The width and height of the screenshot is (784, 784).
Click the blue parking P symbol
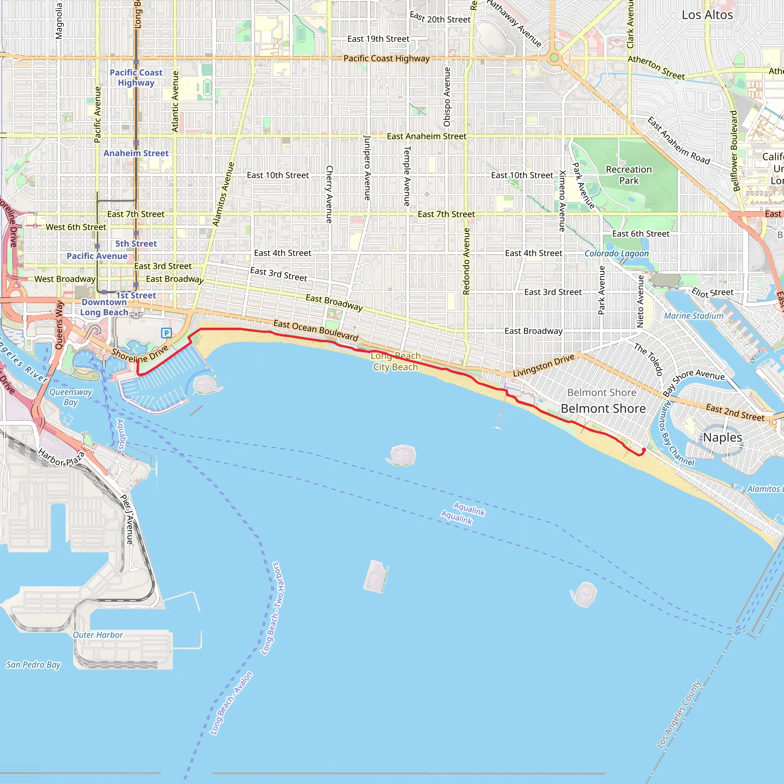(x=167, y=333)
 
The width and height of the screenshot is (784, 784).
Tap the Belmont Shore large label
(x=603, y=408)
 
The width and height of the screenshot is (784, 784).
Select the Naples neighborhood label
(x=722, y=438)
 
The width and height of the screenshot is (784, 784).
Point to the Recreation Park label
(x=629, y=175)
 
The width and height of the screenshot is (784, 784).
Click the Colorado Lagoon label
(x=616, y=254)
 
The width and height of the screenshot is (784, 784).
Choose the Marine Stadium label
(x=694, y=316)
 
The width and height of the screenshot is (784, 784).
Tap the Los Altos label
(x=707, y=15)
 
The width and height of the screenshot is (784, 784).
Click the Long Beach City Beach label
(x=396, y=361)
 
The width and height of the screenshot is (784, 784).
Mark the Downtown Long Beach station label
(x=104, y=307)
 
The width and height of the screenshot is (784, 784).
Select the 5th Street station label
(x=136, y=244)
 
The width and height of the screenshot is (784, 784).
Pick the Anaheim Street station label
(x=136, y=154)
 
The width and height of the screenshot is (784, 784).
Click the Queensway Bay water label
(x=70, y=397)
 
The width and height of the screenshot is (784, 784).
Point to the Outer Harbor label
(x=98, y=635)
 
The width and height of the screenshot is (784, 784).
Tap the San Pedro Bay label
(x=33, y=665)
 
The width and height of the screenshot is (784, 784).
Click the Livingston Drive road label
(x=544, y=365)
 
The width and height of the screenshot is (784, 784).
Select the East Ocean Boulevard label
(x=316, y=330)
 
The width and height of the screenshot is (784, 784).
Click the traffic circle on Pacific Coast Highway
(x=554, y=58)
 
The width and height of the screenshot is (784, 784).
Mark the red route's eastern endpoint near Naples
(x=644, y=450)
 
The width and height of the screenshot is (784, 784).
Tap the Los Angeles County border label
(x=679, y=715)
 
